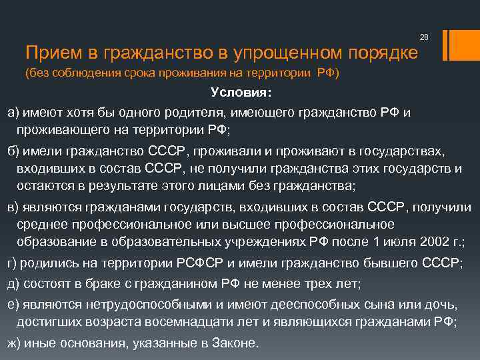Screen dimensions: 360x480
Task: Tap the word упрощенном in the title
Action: (277, 52)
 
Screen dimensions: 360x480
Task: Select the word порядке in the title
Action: (381, 52)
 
